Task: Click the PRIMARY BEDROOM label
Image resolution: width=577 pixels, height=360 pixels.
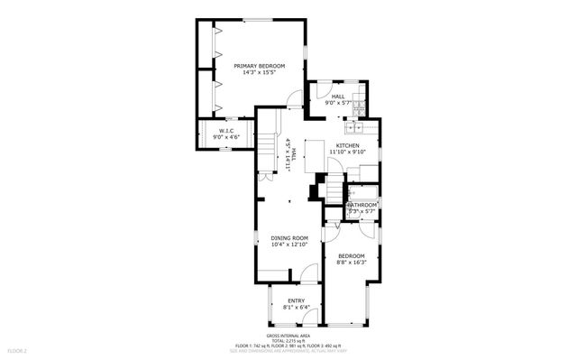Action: coord(259,66)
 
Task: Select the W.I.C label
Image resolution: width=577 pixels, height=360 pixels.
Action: coord(226,131)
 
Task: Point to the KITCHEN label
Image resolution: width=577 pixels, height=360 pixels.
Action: coord(348,145)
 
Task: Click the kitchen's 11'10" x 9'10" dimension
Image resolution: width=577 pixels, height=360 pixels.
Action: coord(348,152)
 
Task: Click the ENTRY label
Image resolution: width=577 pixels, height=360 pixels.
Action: coord(296,300)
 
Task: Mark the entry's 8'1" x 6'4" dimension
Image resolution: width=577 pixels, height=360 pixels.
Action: coord(296,307)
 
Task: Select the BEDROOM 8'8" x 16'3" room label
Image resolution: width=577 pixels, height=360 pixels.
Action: coord(351,255)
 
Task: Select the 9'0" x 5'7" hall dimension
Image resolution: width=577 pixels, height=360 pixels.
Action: coord(337,103)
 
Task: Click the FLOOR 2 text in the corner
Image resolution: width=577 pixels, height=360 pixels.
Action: coord(18,350)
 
